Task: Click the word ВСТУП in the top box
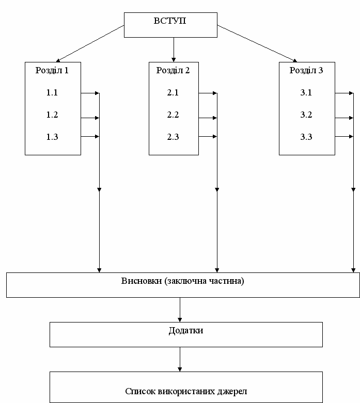[x=170, y=21]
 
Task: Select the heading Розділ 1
[x=52, y=70]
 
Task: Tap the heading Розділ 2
[x=173, y=70]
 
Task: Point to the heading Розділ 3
[x=306, y=70]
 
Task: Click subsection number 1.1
[x=52, y=92]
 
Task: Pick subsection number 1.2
[x=52, y=115]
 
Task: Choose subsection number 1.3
[x=52, y=137]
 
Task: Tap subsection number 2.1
[x=173, y=92]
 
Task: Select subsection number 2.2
[x=173, y=115]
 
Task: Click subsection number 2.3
[x=173, y=137]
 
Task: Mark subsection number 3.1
[x=306, y=92]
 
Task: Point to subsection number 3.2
[x=306, y=115]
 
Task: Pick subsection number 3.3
[x=306, y=137]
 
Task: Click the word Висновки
[x=142, y=281]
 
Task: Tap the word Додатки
[x=186, y=331]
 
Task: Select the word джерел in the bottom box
[x=232, y=392]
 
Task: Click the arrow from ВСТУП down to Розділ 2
[x=174, y=50]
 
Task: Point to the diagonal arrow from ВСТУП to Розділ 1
[x=90, y=44]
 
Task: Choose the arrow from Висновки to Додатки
[x=180, y=310]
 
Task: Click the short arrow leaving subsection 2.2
[x=208, y=118]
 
